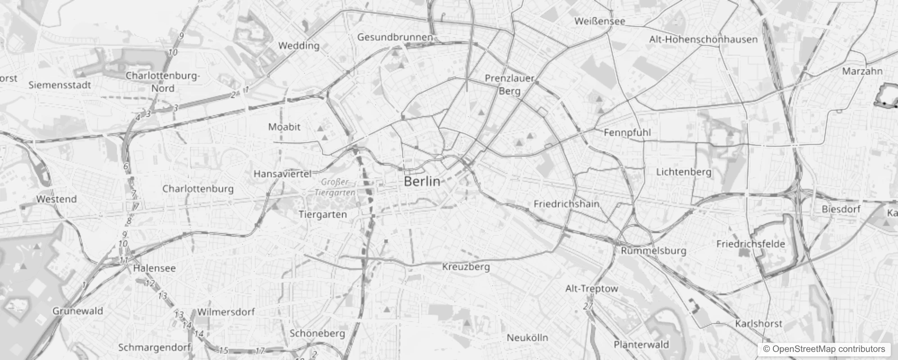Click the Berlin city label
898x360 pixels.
422,181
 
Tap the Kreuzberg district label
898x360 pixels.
466,266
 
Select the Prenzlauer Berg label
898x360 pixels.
509,84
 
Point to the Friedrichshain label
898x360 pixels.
566,204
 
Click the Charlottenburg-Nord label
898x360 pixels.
162,82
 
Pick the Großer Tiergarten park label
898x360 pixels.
335,187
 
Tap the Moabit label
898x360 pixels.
284,127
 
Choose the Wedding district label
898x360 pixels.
299,45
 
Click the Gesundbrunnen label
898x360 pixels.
395,37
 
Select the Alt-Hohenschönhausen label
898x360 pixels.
703,40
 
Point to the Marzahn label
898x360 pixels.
862,71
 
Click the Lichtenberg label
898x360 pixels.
683,172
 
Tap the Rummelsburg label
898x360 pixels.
653,251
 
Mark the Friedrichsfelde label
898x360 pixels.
750,244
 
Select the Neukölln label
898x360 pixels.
527,337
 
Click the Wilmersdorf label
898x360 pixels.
226,312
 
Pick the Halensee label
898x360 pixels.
154,268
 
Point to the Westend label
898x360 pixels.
56,199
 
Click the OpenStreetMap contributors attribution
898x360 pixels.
823,349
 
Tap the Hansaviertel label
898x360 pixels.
283,174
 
